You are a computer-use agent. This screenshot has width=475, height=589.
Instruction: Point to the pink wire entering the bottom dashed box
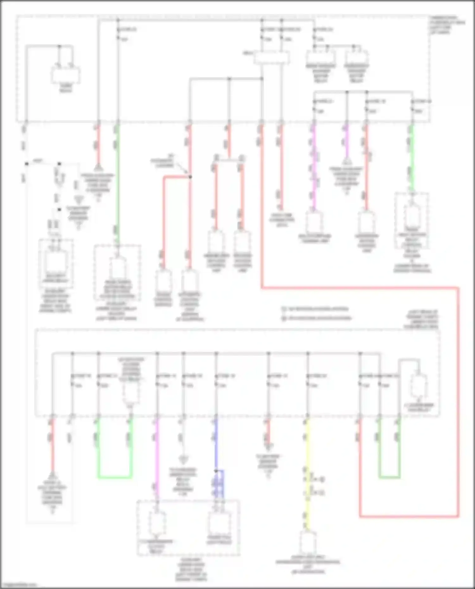click(157, 459)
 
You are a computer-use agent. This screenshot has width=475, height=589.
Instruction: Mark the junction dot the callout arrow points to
click(190, 177)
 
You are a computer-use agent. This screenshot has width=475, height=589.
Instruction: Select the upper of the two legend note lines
click(317, 309)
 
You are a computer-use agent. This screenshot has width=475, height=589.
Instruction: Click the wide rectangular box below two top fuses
click(272, 58)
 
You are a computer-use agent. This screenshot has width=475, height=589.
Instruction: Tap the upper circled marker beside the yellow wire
click(322, 479)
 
